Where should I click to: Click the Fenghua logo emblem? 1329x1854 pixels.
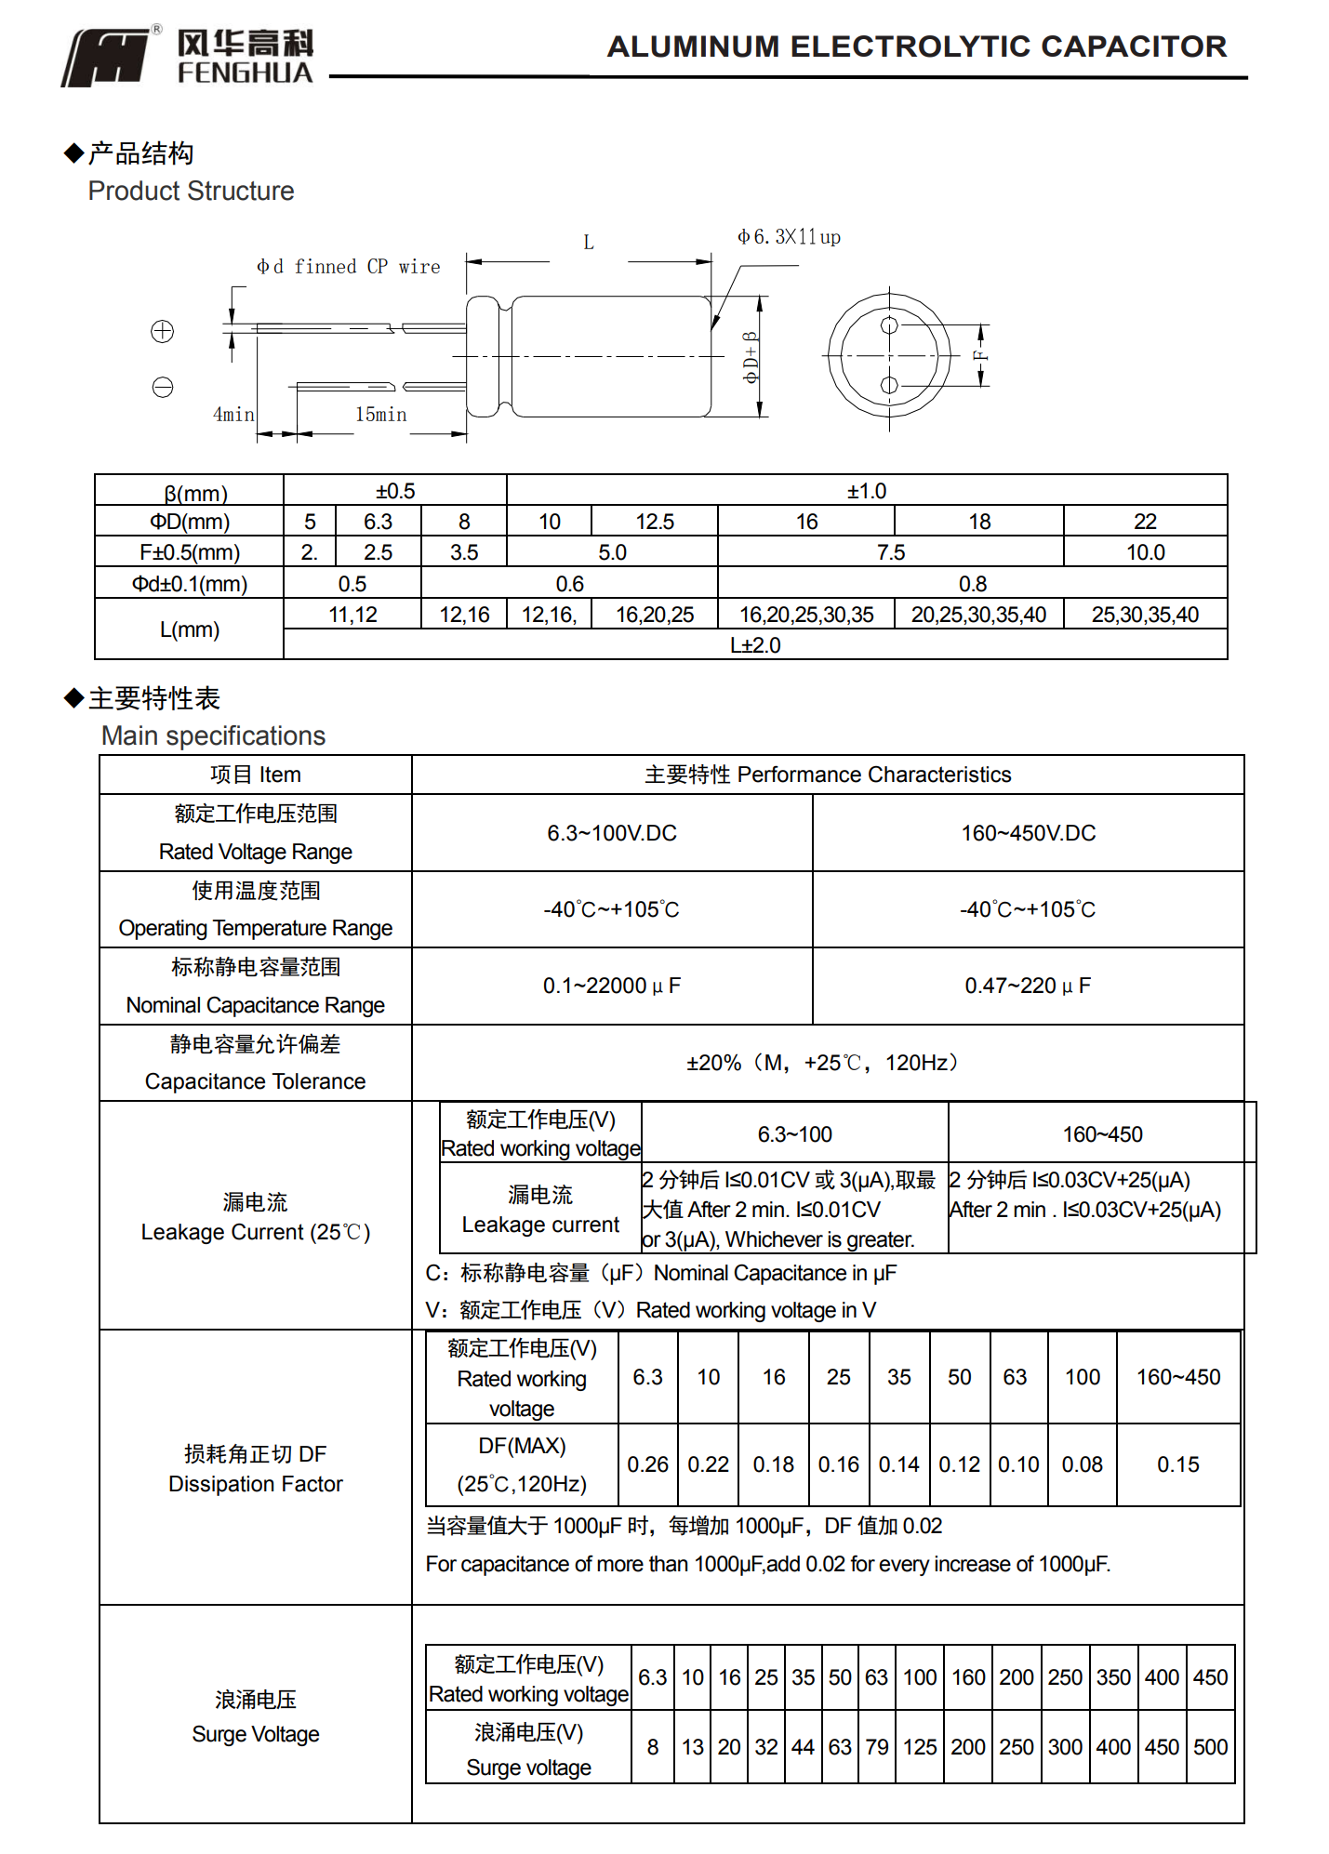106,58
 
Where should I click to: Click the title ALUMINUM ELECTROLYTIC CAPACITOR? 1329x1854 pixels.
916,46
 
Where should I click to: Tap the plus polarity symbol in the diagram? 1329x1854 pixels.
163,332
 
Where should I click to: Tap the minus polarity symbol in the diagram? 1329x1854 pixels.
163,387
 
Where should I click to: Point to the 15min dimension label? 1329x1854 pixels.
380,415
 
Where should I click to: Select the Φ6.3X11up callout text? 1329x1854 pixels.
789,237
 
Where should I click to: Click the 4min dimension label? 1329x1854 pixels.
233,415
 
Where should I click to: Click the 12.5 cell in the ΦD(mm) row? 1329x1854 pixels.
655,522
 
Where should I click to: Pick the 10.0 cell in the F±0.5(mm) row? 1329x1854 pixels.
1145,552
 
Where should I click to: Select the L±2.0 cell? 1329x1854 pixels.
754,645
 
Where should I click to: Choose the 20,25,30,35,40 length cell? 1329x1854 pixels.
978,615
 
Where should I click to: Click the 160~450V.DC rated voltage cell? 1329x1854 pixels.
1028,833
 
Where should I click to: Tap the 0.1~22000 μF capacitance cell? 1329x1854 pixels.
611,986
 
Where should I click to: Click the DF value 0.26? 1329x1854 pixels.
647,1464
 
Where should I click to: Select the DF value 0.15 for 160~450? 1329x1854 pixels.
1177,1464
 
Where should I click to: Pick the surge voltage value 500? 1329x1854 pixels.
1210,1747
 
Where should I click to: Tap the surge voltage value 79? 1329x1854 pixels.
876,1747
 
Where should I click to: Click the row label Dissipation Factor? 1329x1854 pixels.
255,1484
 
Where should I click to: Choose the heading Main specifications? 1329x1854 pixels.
213,735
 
